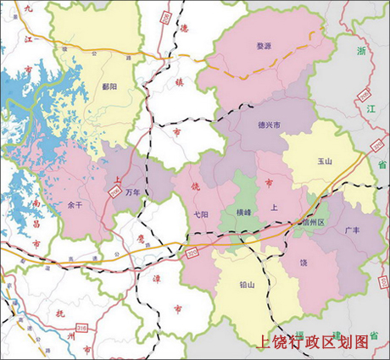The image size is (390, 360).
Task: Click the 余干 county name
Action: (x=75, y=206)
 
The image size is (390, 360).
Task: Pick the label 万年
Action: (x=132, y=193)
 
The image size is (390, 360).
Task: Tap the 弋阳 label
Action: (x=201, y=214)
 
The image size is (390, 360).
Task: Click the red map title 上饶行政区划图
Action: (x=314, y=342)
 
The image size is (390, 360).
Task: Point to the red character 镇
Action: (x=178, y=82)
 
